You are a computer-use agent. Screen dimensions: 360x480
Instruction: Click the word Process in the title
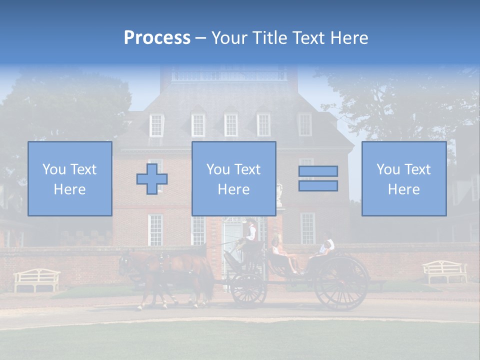tap(157, 38)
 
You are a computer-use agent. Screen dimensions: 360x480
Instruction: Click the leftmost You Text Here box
tap(69, 178)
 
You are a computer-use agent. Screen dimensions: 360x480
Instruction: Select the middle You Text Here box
tap(233, 178)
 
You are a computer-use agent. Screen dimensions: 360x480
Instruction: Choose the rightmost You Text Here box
tap(403, 178)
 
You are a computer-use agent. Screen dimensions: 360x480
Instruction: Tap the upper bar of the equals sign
tap(318, 171)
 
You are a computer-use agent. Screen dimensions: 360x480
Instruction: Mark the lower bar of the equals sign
tap(318, 186)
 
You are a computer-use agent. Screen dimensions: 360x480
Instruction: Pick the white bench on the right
tap(444, 271)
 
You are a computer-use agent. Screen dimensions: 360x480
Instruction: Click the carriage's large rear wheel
tap(341, 283)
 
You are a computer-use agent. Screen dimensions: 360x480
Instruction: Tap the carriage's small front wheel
tap(247, 289)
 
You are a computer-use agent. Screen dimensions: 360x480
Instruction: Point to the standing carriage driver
tap(250, 233)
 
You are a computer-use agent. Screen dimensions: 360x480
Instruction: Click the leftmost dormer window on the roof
tap(156, 125)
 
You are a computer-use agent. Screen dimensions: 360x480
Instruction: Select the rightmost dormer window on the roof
tap(304, 125)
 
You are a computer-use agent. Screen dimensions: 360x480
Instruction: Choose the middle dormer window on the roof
tap(231, 125)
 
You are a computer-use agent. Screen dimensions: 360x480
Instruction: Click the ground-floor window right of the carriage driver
tap(307, 228)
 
